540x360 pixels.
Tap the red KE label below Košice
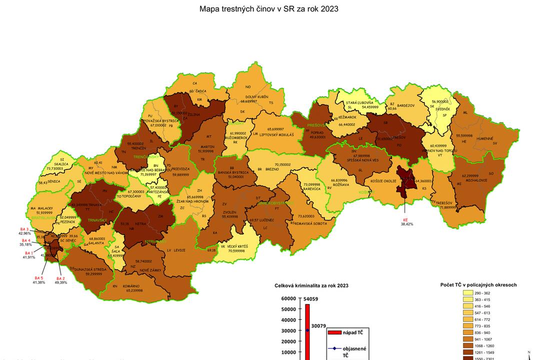click(x=405, y=219)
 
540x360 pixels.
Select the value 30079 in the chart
click(x=318, y=326)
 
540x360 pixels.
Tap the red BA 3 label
click(x=24, y=228)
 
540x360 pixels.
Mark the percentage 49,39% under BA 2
click(x=60, y=282)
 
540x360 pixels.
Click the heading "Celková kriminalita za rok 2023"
click(x=311, y=285)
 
